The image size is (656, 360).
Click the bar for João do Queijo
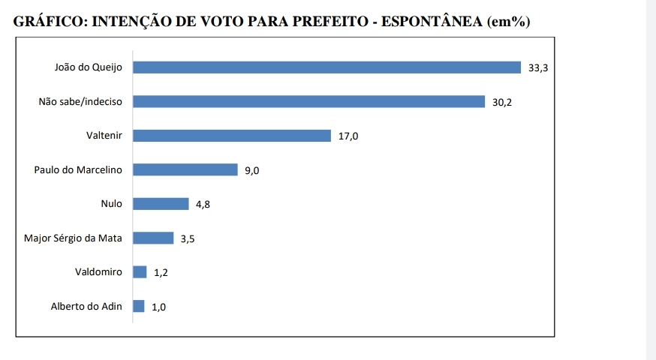tap(326, 67)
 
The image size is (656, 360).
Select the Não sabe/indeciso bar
tap(308, 101)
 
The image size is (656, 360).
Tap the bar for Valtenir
tap(232, 136)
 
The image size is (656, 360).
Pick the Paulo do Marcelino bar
tap(185, 169)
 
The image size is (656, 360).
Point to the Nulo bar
tap(161, 204)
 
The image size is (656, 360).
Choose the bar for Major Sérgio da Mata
tap(153, 238)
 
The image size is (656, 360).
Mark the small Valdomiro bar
tap(140, 271)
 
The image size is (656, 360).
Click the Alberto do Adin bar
tap(139, 306)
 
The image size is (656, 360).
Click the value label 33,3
tap(538, 68)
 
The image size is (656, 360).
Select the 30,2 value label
tap(502, 102)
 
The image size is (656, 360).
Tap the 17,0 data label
tap(348, 136)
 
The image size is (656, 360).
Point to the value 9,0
tap(252, 170)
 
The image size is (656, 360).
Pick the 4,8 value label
tap(203, 205)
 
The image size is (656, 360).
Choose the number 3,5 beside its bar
tap(188, 238)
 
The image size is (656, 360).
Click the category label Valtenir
tap(104, 136)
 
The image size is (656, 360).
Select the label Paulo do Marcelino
tap(79, 169)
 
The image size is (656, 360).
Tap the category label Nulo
tap(111, 204)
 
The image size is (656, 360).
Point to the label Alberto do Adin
tap(86, 306)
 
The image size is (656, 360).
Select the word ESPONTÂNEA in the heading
tap(432, 21)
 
